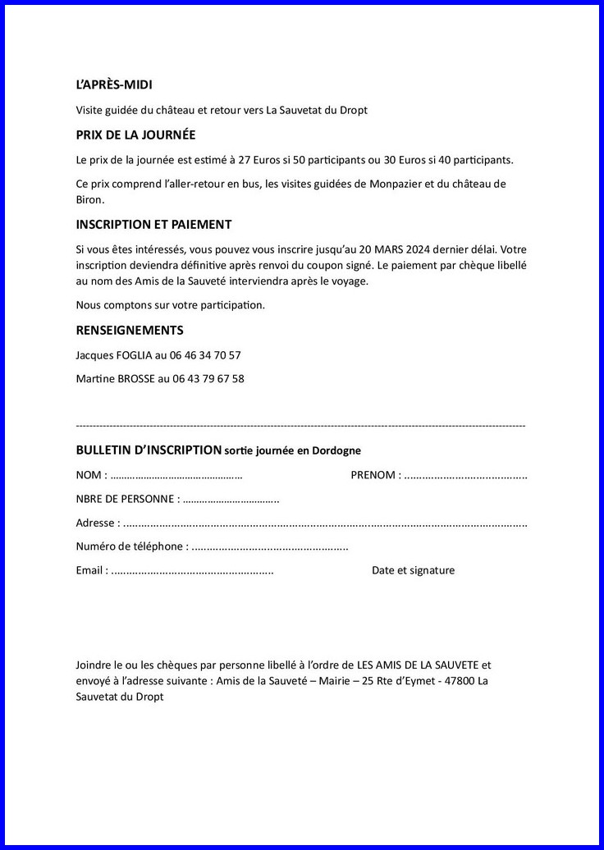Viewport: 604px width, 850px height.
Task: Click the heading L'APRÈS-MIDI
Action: (x=114, y=85)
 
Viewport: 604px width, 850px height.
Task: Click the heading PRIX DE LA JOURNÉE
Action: (x=135, y=135)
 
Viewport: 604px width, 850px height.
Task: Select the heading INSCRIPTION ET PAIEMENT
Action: (x=153, y=224)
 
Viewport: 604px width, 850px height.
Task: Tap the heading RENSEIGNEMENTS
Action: (x=130, y=331)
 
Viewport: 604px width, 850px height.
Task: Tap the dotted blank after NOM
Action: (x=176, y=475)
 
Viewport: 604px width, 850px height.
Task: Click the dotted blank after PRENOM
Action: (x=465, y=475)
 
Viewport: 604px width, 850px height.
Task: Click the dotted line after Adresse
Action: (x=325, y=523)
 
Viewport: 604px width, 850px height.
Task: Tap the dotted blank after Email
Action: (x=192, y=570)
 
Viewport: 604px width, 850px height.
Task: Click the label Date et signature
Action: (x=413, y=570)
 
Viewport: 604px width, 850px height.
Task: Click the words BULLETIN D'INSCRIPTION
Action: (x=149, y=450)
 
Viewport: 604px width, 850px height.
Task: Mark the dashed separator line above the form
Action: (x=300, y=426)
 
